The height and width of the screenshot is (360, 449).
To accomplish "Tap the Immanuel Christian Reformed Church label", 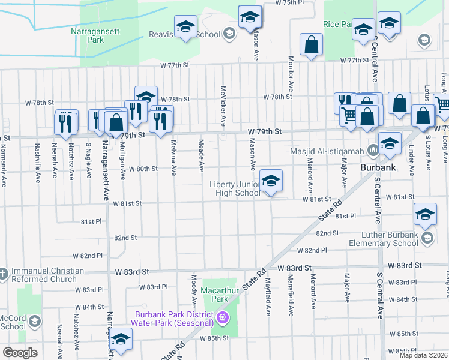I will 43,275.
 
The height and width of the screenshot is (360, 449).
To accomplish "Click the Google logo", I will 20,352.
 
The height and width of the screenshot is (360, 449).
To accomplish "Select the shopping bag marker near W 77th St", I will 310,45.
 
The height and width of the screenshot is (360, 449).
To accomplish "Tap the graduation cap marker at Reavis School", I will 186,27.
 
